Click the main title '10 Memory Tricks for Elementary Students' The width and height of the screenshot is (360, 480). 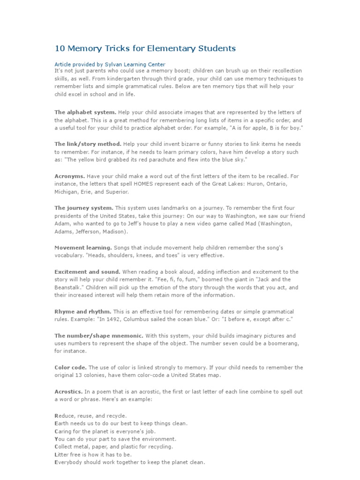pyautogui.click(x=145, y=48)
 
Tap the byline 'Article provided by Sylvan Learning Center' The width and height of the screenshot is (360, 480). pyautogui.click(x=110, y=64)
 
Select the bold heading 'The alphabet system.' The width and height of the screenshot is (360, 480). pyautogui.click(x=85, y=112)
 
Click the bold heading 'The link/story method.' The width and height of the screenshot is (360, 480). pyautogui.click(x=88, y=144)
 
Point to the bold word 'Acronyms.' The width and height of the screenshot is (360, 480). pyautogui.click(x=70, y=176)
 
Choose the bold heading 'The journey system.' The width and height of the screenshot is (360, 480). pyautogui.click(x=83, y=208)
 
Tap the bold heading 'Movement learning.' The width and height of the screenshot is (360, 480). pyautogui.click(x=83, y=247)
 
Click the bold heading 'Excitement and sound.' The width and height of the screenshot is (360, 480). pyautogui.click(x=87, y=271)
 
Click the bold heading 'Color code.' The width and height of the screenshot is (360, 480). pyautogui.click(x=70, y=367)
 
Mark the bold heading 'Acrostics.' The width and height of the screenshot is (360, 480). pyautogui.click(x=68, y=391)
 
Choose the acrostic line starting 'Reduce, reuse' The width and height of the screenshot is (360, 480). pyautogui.click(x=90, y=415)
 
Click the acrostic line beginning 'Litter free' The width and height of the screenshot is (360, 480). pyautogui.click(x=93, y=455)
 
